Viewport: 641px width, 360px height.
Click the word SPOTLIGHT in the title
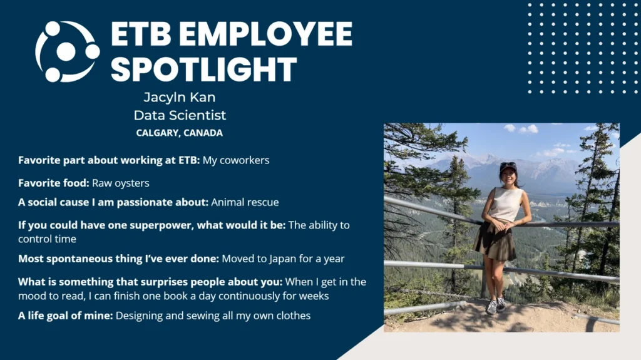(x=203, y=69)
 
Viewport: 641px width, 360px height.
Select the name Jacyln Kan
(x=180, y=98)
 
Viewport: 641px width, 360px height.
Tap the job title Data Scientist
(x=180, y=115)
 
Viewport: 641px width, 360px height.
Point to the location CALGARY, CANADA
(x=180, y=133)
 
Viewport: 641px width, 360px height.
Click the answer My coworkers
(x=236, y=160)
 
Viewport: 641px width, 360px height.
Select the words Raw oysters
(x=121, y=183)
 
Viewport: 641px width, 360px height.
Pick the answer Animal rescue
(x=245, y=202)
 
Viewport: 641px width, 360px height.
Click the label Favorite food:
(x=54, y=183)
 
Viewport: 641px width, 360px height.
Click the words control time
(x=47, y=239)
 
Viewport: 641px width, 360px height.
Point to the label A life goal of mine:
(x=65, y=316)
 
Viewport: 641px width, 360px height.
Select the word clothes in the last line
(x=294, y=316)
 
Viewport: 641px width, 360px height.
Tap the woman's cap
(x=508, y=167)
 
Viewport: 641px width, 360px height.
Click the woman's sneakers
(x=496, y=306)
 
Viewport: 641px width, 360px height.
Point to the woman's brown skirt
(x=495, y=242)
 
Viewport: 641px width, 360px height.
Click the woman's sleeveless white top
(x=506, y=203)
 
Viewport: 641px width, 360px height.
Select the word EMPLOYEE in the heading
(x=265, y=34)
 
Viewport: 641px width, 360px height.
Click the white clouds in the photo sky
(x=521, y=129)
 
